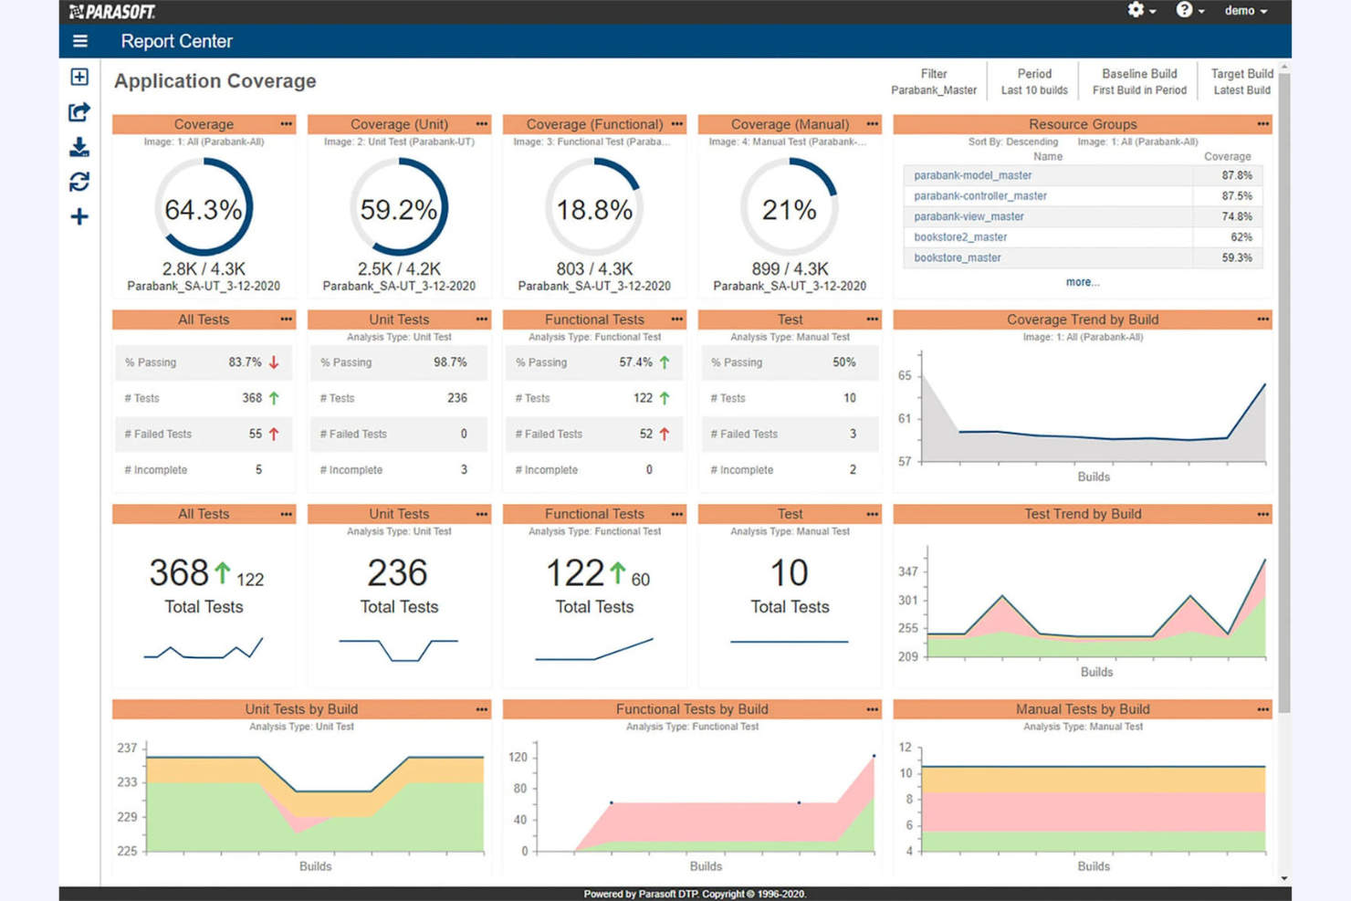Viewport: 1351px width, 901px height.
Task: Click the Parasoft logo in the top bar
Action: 112,12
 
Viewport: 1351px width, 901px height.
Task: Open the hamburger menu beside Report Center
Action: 80,41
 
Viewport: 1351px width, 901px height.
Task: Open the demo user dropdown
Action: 1245,11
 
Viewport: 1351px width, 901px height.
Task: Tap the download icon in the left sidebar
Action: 79,147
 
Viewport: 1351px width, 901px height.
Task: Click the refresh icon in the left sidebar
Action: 79,182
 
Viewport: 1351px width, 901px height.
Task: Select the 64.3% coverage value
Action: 203,210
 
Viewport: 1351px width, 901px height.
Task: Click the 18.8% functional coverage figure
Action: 594,210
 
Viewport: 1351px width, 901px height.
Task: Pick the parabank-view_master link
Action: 969,216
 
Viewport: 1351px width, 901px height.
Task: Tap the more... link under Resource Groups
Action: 1082,282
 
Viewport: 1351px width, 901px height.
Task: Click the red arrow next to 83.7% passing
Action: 274,362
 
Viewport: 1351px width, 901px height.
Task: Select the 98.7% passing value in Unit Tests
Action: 449,362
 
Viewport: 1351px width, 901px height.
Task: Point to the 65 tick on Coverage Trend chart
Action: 905,375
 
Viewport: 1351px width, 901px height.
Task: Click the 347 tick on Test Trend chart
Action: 907,571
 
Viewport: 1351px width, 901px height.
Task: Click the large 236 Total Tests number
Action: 397,573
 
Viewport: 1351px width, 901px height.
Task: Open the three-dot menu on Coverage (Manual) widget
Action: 872,124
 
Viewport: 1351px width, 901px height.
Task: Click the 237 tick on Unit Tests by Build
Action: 127,748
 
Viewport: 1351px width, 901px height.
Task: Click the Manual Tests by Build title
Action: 1082,709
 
